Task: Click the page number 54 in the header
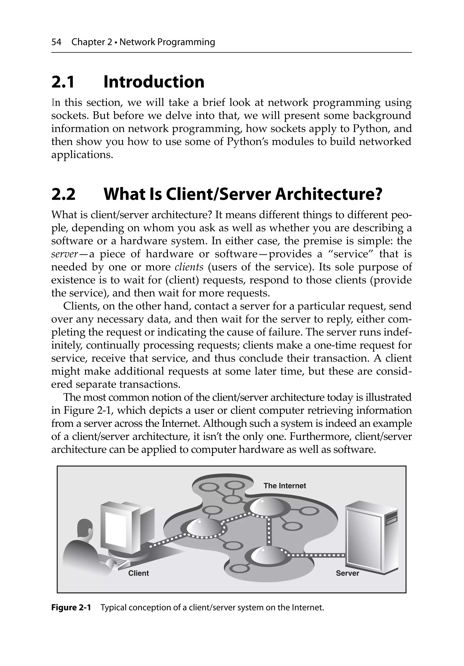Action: pos(56,42)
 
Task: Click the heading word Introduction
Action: pos(154,82)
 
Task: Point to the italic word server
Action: pos(64,254)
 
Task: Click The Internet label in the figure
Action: pos(285,486)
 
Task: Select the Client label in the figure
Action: pos(138,573)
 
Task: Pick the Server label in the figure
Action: pos(347,573)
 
